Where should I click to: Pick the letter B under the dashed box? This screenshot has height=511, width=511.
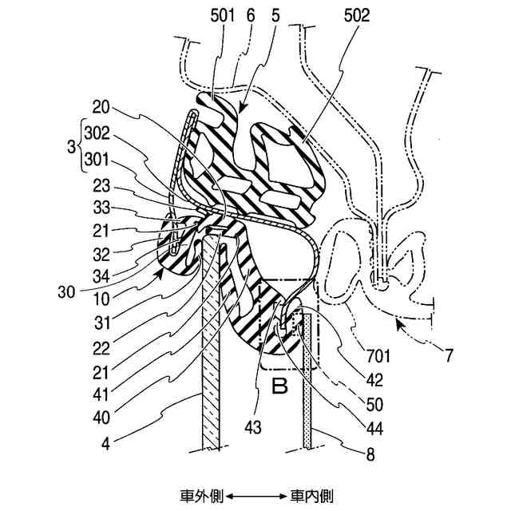click(x=280, y=390)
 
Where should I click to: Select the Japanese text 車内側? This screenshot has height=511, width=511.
click(x=312, y=495)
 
